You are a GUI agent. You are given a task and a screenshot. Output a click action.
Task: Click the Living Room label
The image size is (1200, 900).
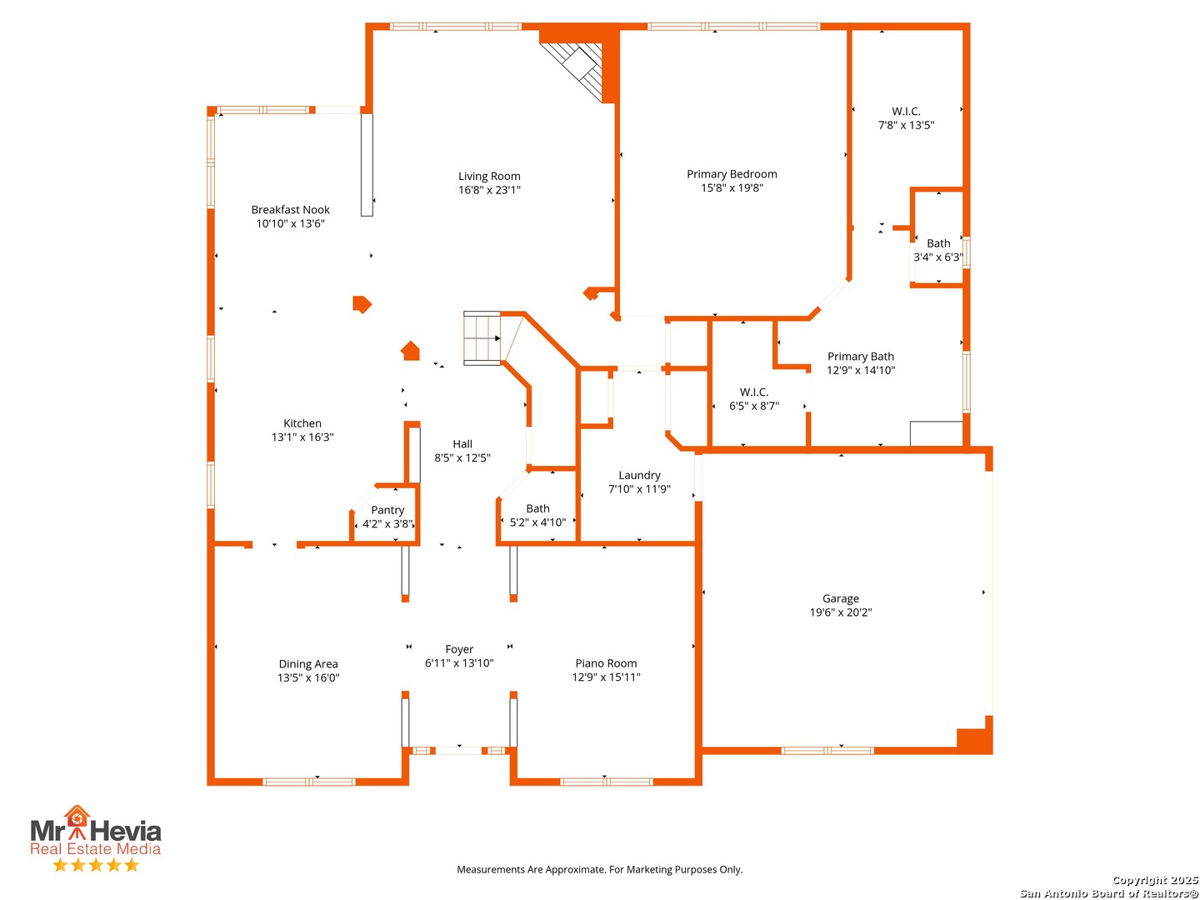pyautogui.click(x=488, y=176)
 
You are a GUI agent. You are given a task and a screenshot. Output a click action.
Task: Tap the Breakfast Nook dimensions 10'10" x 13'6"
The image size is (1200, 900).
pyautogui.click(x=290, y=223)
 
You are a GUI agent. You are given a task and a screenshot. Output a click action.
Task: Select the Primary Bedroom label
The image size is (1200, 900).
pyautogui.click(x=732, y=174)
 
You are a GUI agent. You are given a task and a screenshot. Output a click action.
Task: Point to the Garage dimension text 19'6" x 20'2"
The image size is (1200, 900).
pyautogui.click(x=840, y=612)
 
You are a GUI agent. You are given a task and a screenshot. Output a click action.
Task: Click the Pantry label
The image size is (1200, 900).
pyautogui.click(x=387, y=510)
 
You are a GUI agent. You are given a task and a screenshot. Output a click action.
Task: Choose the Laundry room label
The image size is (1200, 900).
pyautogui.click(x=639, y=475)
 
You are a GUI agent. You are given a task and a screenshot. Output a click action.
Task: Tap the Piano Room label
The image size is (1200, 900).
pyautogui.click(x=606, y=662)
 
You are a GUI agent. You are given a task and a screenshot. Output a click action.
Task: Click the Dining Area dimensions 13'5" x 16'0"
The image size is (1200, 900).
pyautogui.click(x=308, y=677)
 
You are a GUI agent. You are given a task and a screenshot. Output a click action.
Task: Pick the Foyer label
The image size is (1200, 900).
pyautogui.click(x=458, y=649)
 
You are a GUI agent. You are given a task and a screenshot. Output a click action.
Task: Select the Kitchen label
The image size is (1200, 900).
pyautogui.click(x=302, y=423)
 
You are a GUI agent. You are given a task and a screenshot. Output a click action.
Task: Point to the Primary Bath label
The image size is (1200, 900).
pyautogui.click(x=861, y=357)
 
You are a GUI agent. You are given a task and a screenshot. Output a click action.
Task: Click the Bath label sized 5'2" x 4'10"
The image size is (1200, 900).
pyautogui.click(x=537, y=508)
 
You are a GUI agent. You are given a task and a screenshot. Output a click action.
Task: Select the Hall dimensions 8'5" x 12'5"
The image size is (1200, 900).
pyautogui.click(x=462, y=458)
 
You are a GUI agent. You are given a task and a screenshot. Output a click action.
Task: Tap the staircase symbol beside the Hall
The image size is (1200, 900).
pyautogui.click(x=482, y=338)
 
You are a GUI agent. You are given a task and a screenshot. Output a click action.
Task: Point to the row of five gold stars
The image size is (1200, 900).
pyautogui.click(x=96, y=864)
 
